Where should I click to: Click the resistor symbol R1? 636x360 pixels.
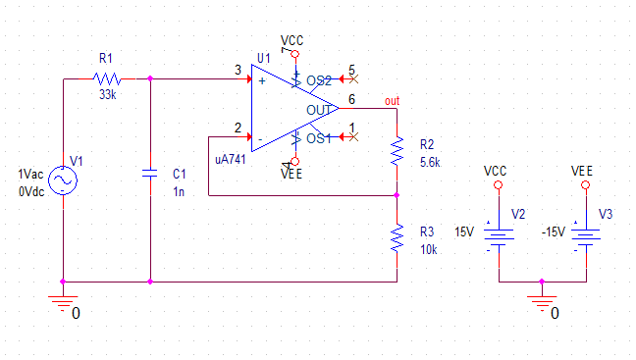(x=107, y=78)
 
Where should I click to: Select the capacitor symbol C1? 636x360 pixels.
(x=150, y=174)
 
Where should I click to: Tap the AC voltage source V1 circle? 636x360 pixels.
(x=63, y=180)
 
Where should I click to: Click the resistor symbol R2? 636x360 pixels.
(x=397, y=151)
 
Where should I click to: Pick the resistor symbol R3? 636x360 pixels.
(x=397, y=238)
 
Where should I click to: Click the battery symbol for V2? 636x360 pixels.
(x=499, y=237)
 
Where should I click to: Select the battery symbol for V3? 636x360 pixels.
(x=586, y=237)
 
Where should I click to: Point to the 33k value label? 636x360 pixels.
(x=108, y=95)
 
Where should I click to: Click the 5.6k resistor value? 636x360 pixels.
(x=430, y=162)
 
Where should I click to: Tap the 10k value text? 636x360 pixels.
(x=429, y=250)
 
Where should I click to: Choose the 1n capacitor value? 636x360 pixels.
(x=179, y=191)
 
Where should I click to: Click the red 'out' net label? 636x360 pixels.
(x=393, y=100)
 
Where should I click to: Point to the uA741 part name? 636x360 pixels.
(x=231, y=159)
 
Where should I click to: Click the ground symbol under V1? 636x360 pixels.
(x=63, y=304)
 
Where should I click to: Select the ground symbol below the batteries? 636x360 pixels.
(x=542, y=304)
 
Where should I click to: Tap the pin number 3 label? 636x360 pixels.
(x=238, y=70)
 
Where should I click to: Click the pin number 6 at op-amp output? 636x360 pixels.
(x=351, y=99)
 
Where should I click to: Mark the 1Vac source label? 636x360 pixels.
(x=30, y=175)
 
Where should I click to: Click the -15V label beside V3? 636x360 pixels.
(x=554, y=232)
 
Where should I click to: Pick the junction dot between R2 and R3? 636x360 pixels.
(x=397, y=195)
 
